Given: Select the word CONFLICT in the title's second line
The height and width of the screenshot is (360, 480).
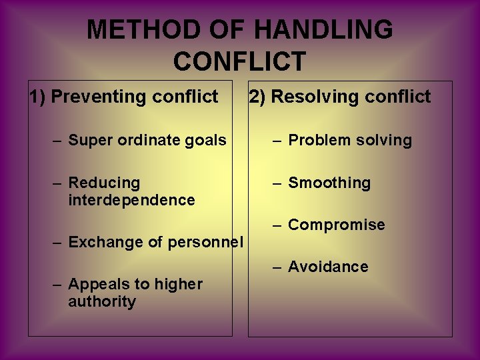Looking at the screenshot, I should click(239, 61).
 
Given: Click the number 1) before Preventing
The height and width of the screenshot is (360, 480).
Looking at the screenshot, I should click(37, 97).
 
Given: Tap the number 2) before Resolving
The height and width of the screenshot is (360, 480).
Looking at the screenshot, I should click(257, 97).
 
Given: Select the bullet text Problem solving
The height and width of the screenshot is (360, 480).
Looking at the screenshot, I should click(350, 141).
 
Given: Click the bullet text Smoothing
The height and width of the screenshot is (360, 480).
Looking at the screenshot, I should click(329, 183).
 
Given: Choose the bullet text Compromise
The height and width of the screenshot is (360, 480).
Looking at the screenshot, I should click(336, 225).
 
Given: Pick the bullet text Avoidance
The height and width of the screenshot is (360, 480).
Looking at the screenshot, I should click(328, 267).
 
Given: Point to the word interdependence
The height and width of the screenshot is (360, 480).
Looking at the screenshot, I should click(131, 200).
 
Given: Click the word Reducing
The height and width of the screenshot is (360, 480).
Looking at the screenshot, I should click(104, 183).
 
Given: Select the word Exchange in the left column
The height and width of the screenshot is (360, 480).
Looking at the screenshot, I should click(99, 242).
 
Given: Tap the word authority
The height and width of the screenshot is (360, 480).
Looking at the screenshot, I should click(101, 301).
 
